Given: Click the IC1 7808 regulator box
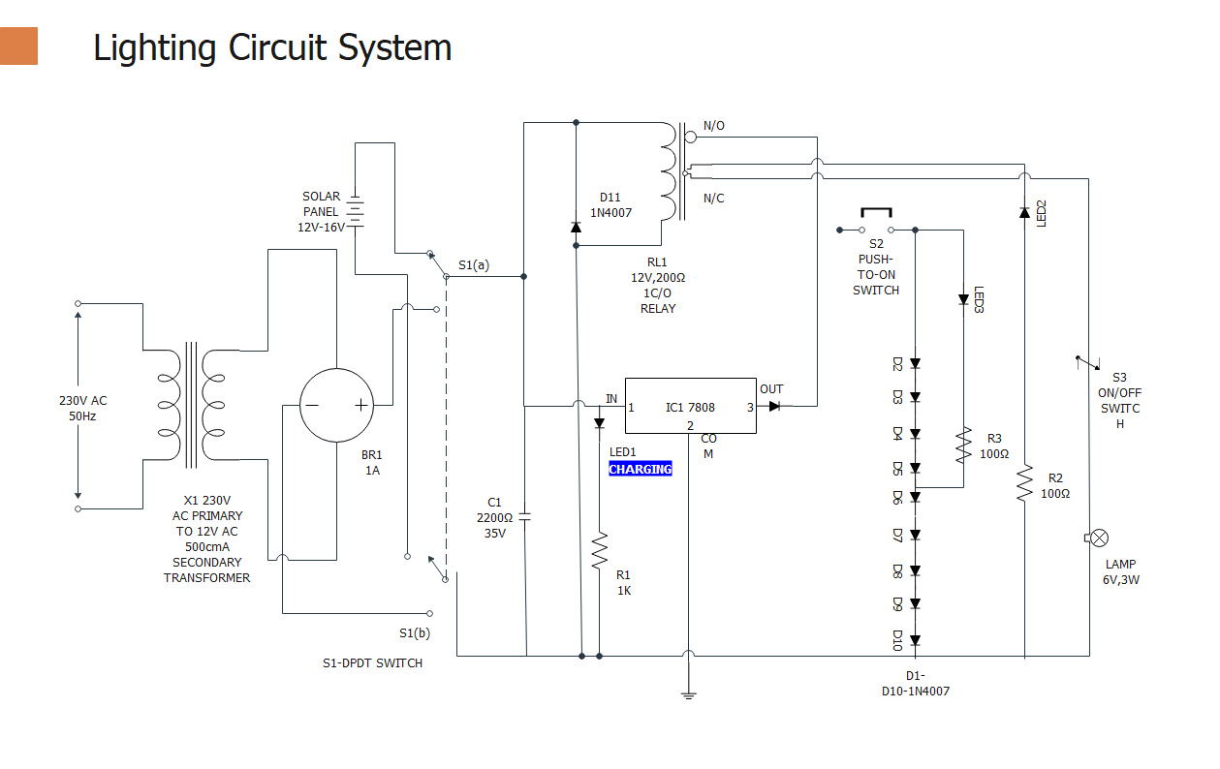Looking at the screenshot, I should pos(690,406).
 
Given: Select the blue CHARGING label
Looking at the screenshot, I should pos(640,469).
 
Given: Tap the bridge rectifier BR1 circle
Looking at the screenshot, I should pos(335,406).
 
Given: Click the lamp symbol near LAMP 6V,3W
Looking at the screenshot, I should pos(1099,538).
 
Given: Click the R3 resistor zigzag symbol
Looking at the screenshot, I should pos(963,446).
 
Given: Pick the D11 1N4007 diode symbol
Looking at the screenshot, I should pos(577,228).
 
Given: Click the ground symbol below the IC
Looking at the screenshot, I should pos(688,693).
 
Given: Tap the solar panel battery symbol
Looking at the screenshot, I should pos(356,212).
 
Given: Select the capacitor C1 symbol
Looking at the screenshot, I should pos(525,516).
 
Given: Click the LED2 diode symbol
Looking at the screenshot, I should pos(1024,212).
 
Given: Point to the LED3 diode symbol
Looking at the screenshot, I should pos(963,299).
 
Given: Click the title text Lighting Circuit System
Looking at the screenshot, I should pos(272,47).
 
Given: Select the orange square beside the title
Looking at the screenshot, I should pos(18,46).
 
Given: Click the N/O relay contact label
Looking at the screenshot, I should pos(714,126).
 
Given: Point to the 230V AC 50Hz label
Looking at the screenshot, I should pos(83,409).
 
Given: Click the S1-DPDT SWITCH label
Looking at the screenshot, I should pos(372,663).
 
